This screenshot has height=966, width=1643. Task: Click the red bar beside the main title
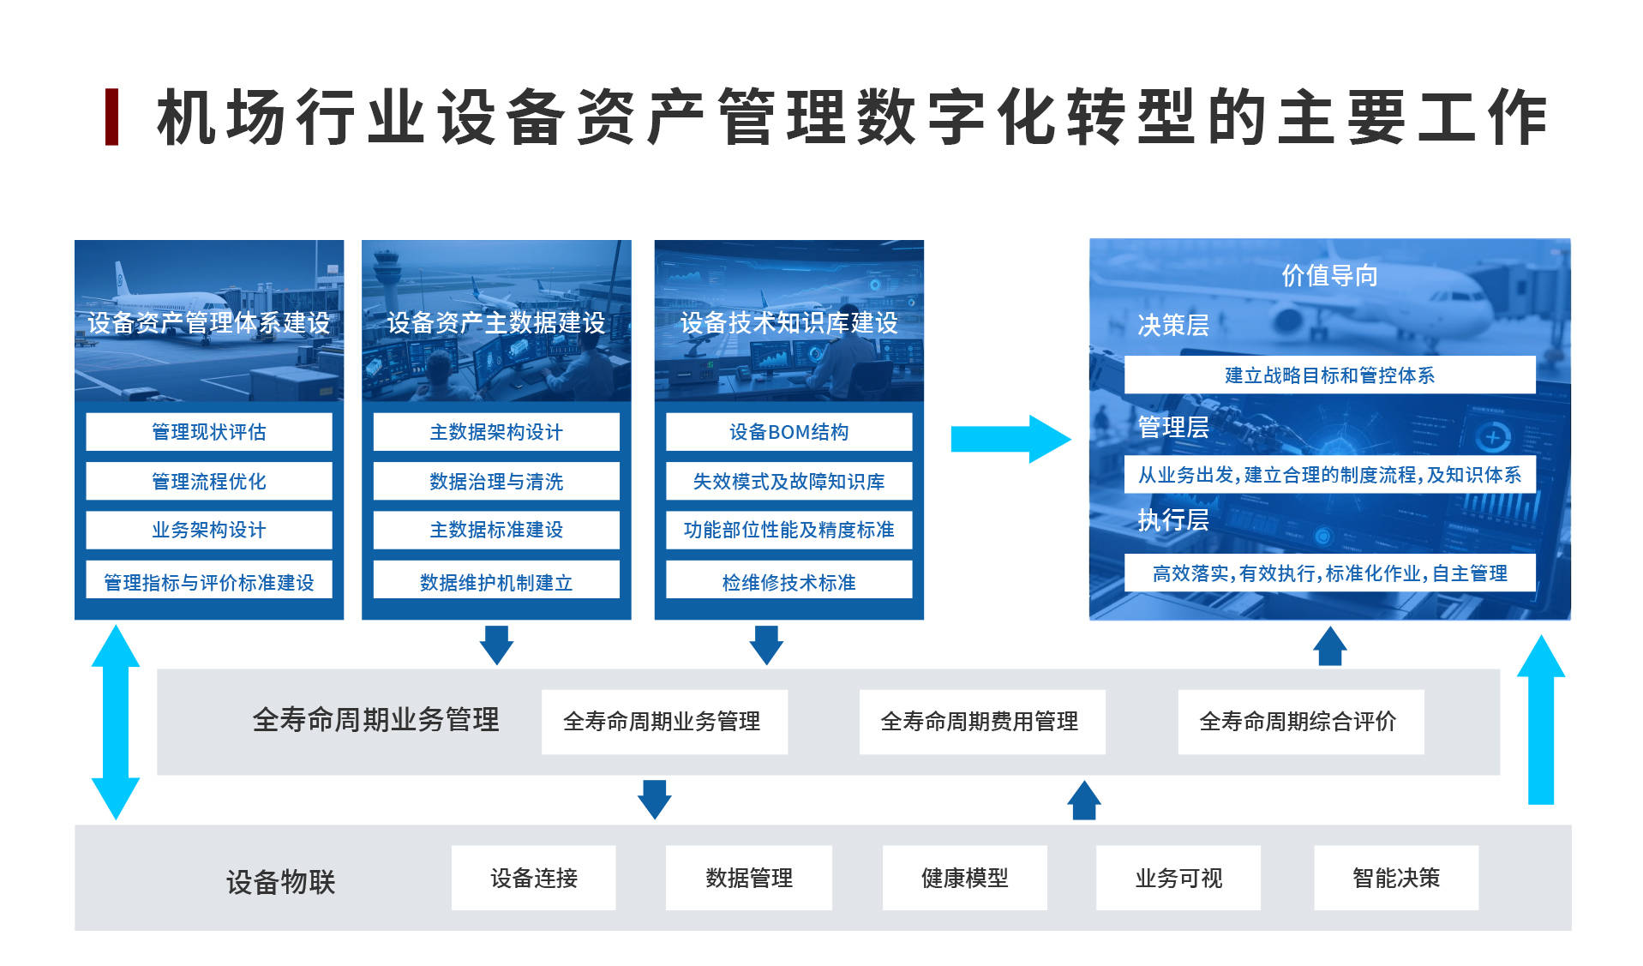(x=111, y=117)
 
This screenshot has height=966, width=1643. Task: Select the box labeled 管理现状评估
(x=208, y=431)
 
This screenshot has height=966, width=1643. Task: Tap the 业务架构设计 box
(x=208, y=530)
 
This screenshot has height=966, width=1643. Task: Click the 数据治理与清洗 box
(x=495, y=481)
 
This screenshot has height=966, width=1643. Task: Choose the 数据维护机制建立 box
(x=495, y=582)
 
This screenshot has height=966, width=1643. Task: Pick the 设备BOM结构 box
(x=789, y=431)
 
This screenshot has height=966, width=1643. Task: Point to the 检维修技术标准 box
(x=789, y=582)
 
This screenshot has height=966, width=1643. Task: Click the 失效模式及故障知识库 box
(x=789, y=481)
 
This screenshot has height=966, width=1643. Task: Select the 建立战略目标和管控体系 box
(x=1328, y=375)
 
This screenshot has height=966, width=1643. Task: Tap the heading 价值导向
(x=1328, y=275)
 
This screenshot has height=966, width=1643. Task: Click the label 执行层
(x=1172, y=519)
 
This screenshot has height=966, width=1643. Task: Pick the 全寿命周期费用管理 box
(x=981, y=721)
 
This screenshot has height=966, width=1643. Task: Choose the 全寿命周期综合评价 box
(x=1300, y=721)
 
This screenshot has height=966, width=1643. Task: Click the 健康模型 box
(x=964, y=878)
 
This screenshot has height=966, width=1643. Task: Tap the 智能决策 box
(x=1395, y=878)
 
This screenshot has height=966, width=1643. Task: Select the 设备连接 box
(x=533, y=878)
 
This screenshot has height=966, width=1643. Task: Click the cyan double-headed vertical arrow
(x=116, y=722)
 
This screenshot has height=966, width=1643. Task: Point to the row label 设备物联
(x=280, y=881)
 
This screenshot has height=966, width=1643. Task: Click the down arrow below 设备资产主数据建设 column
(x=496, y=644)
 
